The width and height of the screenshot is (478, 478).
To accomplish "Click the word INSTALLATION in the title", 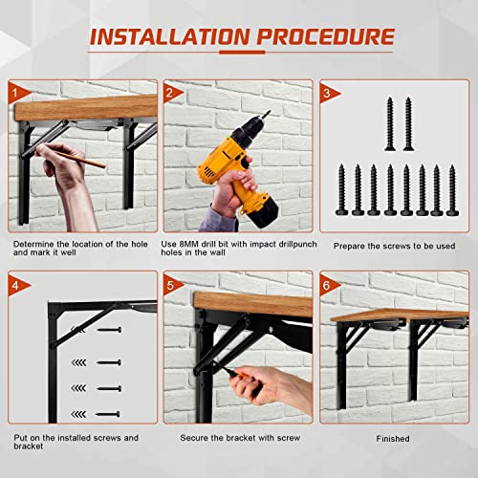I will click(169, 37).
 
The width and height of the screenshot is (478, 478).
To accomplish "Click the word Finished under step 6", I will click(392, 439).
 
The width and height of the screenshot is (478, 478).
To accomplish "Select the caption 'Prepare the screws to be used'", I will click(394, 247).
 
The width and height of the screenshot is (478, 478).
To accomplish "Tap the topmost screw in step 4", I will click(110, 330).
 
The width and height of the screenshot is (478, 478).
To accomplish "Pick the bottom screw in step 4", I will click(110, 413).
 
